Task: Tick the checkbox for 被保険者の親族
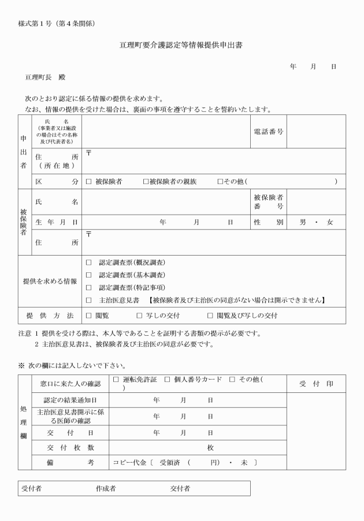coord(146,181)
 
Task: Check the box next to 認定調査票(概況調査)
coord(89,263)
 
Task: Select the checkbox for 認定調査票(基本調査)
coord(89,275)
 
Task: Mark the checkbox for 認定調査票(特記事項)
coord(89,287)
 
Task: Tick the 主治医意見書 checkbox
coord(89,300)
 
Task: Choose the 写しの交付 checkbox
coord(139,316)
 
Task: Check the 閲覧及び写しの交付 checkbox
coord(210,316)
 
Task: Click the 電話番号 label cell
coord(269,132)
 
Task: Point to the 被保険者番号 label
coord(269,202)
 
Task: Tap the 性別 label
coord(269,222)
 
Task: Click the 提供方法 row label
coord(50,316)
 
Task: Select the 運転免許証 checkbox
coord(116,380)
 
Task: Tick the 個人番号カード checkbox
coord(167,380)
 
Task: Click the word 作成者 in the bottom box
coord(106,489)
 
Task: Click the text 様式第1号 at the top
coord(40,24)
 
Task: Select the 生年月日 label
coord(56,222)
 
